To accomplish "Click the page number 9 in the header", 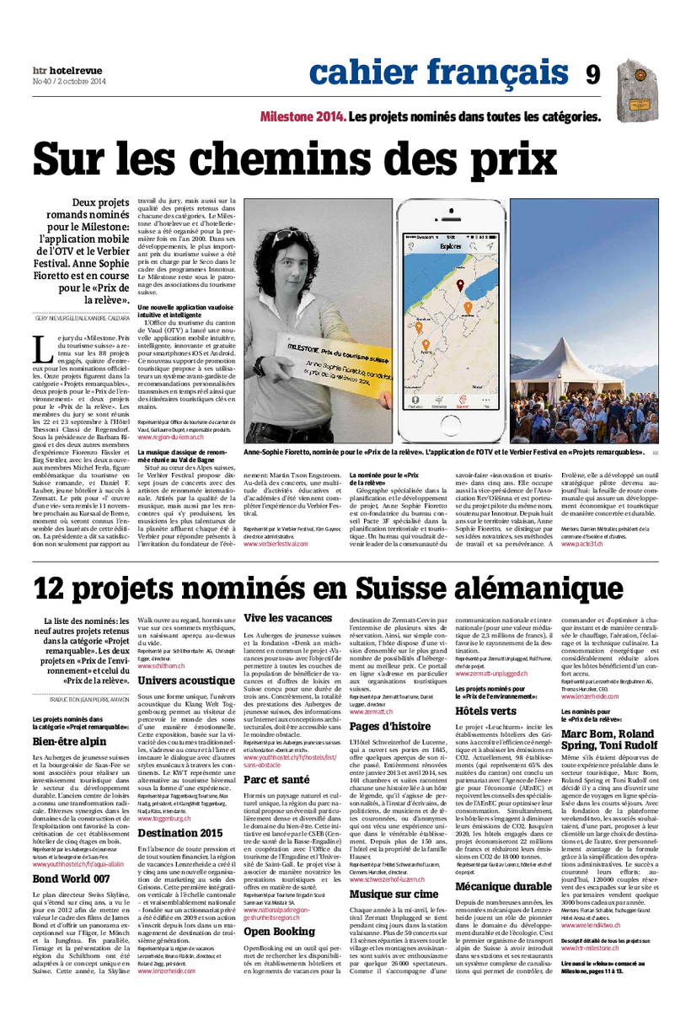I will (x=593, y=75).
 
